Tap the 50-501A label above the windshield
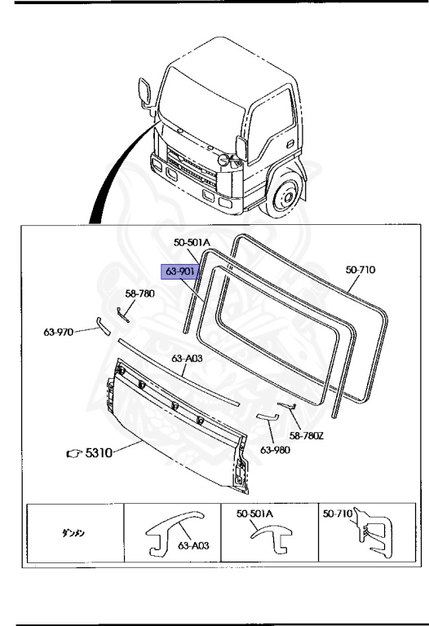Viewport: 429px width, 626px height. pos(192,242)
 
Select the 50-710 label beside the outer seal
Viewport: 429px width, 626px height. pos(360,270)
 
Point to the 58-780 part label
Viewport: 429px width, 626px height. pos(139,293)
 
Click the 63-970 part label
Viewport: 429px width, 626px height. pos(59,332)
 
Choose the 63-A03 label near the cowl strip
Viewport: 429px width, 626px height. pos(187,359)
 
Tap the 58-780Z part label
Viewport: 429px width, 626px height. pos(307,435)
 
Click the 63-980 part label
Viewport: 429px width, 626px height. pos(275,450)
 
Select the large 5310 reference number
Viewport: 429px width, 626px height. pos(99,452)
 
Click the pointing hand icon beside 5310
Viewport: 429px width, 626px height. pos(74,453)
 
